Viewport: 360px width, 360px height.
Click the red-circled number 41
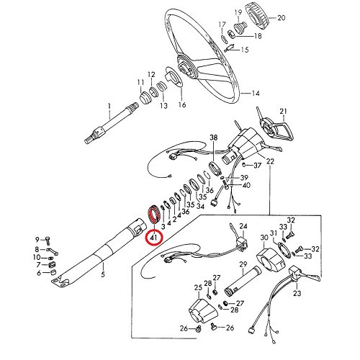(x=153, y=238)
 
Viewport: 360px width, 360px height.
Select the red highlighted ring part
(x=153, y=215)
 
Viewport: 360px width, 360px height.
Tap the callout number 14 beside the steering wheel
(x=256, y=93)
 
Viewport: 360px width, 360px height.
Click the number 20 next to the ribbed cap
(x=282, y=18)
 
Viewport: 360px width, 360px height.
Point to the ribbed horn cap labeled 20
(x=257, y=16)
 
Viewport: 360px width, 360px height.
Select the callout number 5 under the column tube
(x=103, y=274)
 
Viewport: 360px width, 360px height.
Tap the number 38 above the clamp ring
(x=214, y=138)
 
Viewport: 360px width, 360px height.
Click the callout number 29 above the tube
(x=243, y=264)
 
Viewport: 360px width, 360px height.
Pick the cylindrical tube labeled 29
(x=243, y=282)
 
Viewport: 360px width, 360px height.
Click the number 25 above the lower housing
(x=198, y=287)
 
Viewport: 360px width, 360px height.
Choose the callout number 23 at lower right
(x=297, y=293)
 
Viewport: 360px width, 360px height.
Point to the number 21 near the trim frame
(x=283, y=112)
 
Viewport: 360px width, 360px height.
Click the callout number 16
(x=182, y=105)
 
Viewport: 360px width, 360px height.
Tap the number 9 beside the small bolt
(x=37, y=240)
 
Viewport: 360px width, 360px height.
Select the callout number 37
(x=257, y=166)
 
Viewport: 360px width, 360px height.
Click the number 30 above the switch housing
(x=264, y=238)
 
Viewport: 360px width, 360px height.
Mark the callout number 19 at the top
(x=238, y=12)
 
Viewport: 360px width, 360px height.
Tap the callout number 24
(x=243, y=226)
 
